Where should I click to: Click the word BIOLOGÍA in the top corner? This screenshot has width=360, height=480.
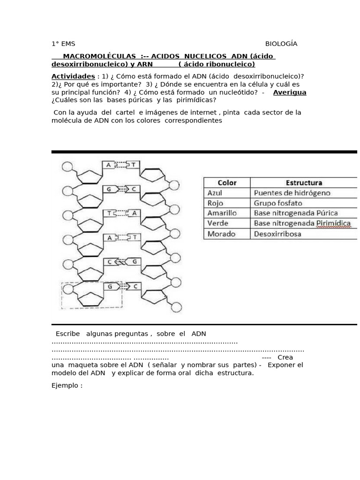281,44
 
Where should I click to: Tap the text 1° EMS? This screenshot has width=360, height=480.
63,44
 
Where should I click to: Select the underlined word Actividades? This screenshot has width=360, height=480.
73,76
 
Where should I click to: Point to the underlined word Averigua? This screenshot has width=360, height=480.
289,92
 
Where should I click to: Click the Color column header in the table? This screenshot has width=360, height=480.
227,183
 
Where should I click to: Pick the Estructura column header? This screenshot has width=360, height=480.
304,183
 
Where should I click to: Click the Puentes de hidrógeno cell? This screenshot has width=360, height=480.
292,193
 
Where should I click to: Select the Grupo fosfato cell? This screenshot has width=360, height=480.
278,203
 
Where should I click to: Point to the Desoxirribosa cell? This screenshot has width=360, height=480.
277,233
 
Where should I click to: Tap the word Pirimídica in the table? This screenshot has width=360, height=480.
333,223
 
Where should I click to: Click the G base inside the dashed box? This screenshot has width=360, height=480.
109,286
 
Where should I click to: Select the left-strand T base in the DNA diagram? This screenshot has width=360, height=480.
109,213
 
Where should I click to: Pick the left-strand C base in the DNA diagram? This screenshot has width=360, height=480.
109,262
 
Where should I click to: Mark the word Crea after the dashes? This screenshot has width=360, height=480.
285,357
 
